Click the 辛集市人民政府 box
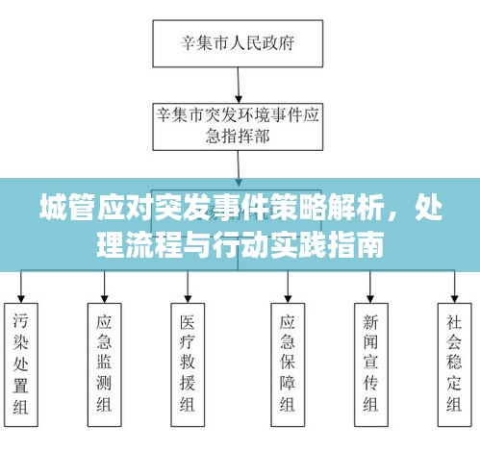click(238, 43)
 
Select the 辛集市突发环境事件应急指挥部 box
click(238, 127)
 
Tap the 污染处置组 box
click(21, 364)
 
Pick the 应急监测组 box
click(105, 364)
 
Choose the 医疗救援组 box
click(188, 364)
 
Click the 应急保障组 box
click(288, 364)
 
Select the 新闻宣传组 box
click(371, 364)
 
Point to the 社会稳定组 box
click(455, 364)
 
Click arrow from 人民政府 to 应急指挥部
click(239, 86)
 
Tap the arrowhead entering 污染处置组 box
click(21, 299)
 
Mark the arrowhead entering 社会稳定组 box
click(455, 299)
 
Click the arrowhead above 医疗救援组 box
click(188, 299)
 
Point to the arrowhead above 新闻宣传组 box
click(370, 299)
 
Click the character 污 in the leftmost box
click(21, 321)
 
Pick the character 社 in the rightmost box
click(454, 322)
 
